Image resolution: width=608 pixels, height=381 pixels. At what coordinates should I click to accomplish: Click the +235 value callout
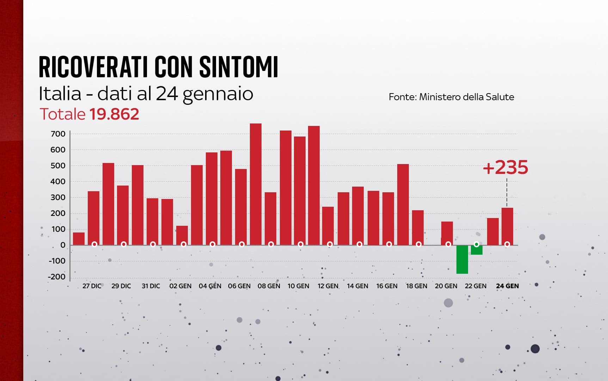505,168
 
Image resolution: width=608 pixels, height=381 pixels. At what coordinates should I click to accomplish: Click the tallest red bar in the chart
256,183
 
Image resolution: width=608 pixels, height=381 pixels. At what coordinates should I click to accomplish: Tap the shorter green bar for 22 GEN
477,250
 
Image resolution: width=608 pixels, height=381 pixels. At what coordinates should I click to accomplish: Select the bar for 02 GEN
182,235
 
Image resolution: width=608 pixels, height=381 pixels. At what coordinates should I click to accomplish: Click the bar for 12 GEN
328,226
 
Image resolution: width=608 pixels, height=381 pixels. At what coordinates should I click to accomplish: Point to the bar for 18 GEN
418,228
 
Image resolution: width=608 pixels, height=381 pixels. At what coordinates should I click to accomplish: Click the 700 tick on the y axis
58,134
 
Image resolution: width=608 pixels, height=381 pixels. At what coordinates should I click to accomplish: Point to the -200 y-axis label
57,277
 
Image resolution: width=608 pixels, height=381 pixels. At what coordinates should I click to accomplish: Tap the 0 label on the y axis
63,245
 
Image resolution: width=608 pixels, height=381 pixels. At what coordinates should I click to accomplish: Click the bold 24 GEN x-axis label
507,286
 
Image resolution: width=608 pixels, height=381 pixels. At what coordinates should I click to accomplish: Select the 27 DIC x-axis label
92,286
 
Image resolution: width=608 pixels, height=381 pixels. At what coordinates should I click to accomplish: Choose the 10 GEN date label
298,286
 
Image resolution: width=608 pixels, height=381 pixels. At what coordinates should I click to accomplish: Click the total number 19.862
114,114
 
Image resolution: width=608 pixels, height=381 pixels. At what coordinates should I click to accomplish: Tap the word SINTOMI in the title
239,67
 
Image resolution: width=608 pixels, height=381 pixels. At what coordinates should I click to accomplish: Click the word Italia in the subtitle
60,94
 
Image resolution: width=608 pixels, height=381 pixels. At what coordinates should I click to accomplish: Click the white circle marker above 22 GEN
477,244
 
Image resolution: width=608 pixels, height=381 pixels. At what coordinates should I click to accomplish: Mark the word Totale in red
62,114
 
